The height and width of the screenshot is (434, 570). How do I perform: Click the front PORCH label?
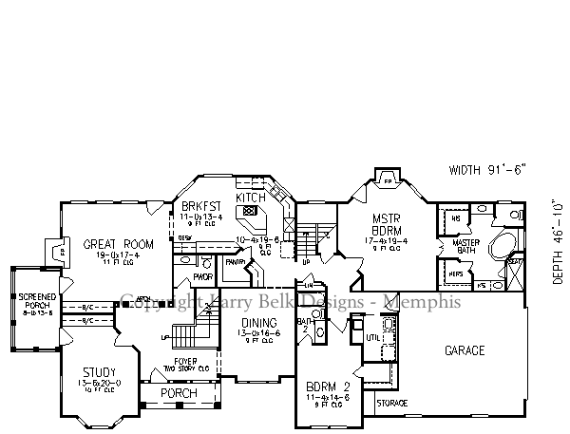178,393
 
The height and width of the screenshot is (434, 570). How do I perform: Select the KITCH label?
250,197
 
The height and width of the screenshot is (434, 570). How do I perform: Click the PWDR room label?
201,278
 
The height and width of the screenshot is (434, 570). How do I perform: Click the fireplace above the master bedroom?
387,178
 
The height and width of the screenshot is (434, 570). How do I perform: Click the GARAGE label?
464,350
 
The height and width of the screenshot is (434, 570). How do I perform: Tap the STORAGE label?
391,404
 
